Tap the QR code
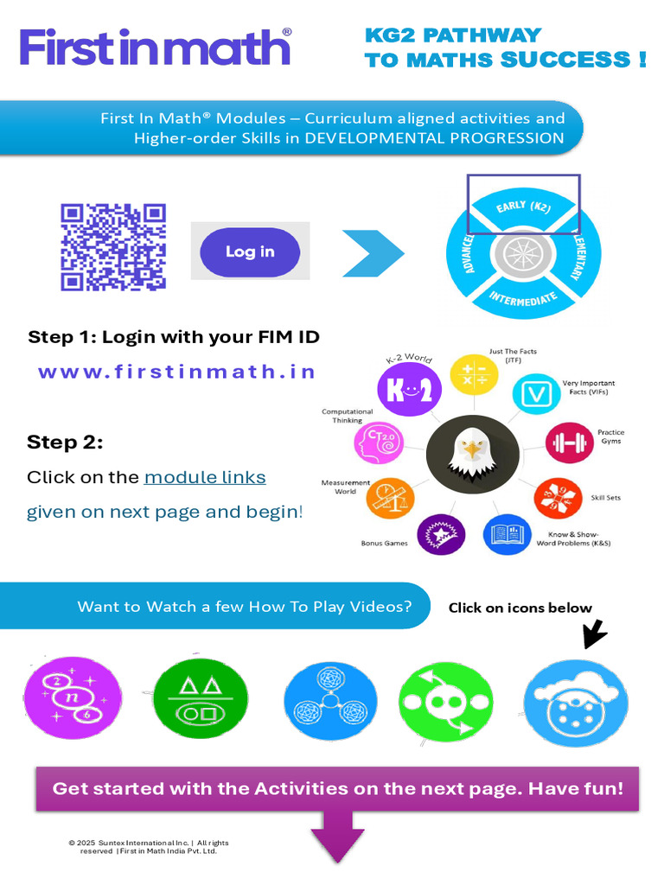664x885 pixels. (x=113, y=247)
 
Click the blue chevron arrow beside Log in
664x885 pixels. (x=373, y=253)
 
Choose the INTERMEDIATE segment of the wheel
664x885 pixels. (x=523, y=297)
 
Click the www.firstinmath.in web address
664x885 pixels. (x=176, y=372)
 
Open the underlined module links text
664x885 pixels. (x=205, y=477)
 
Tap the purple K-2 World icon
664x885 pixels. (x=409, y=390)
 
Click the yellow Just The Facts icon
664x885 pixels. (x=474, y=375)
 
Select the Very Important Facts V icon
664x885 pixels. (x=536, y=394)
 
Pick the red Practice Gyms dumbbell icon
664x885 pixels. (x=569, y=442)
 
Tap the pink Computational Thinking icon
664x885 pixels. (x=379, y=443)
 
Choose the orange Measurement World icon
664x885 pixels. (x=390, y=498)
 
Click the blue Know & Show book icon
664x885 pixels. (x=507, y=534)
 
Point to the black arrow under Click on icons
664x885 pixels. (x=595, y=634)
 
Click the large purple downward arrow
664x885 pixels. (x=338, y=837)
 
